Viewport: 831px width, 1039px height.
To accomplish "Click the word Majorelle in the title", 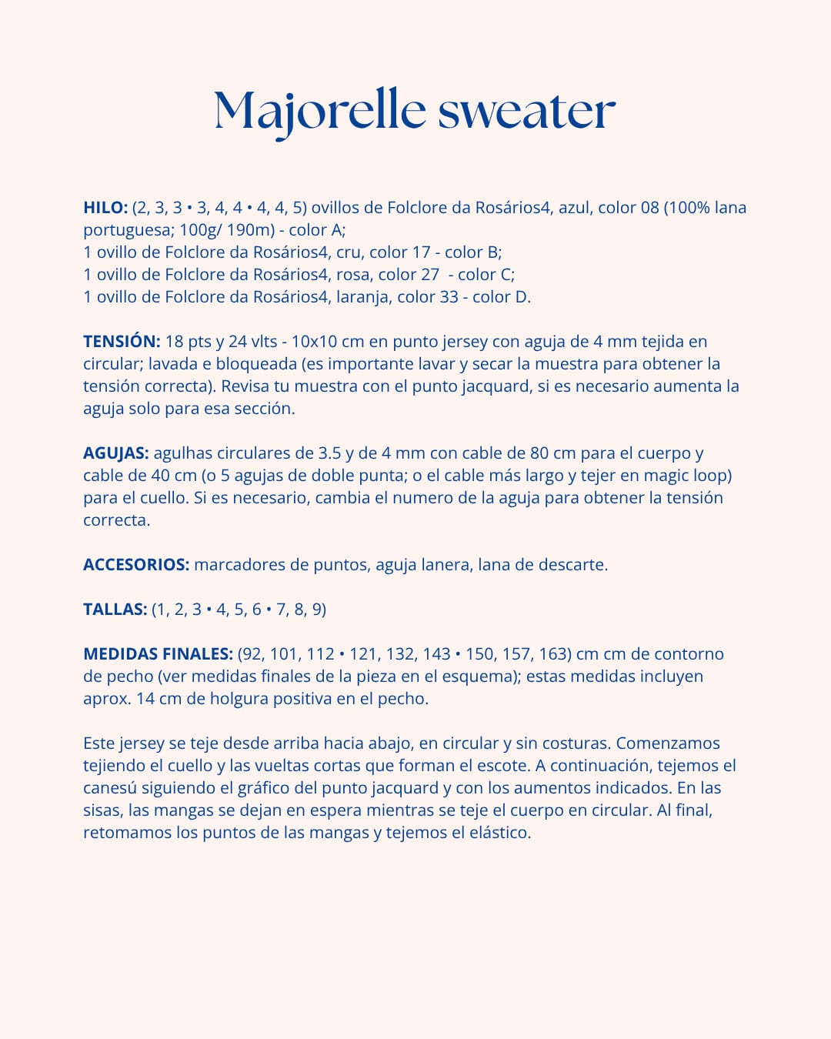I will click(x=319, y=110).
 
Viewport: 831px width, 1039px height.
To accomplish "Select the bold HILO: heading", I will click(x=105, y=208).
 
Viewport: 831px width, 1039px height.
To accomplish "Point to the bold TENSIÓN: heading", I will click(x=122, y=342).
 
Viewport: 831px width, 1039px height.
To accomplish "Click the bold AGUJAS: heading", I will click(x=116, y=453).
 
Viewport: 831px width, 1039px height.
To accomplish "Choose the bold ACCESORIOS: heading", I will click(x=136, y=565).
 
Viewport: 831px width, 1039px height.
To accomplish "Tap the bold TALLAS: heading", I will click(x=115, y=610).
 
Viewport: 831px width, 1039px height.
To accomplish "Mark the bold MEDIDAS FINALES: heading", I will click(x=158, y=654).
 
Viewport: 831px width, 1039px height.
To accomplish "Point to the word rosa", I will click(x=355, y=275).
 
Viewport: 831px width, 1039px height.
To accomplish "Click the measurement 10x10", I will click(x=336, y=342).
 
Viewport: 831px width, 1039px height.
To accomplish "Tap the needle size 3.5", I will click(x=329, y=453).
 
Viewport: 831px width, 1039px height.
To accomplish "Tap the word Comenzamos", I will click(x=668, y=743).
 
